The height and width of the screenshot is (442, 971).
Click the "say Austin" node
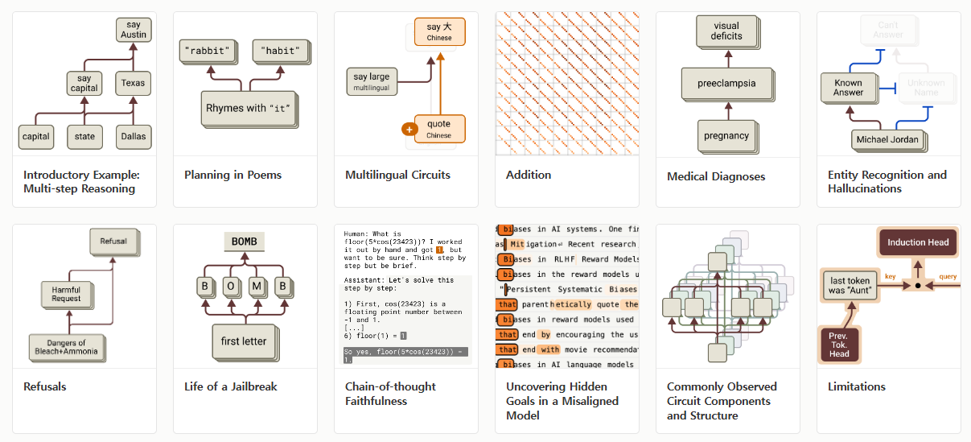(x=134, y=30)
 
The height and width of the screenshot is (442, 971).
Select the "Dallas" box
(x=134, y=137)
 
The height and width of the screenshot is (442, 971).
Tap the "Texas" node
(x=134, y=83)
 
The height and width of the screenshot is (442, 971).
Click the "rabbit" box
(x=208, y=51)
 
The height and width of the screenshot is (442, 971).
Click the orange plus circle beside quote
(x=409, y=129)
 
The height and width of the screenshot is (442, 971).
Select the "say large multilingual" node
(x=371, y=81)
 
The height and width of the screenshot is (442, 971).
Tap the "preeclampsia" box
(x=727, y=83)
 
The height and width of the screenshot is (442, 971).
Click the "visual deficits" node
(x=726, y=31)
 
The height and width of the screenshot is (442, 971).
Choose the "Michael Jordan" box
(x=887, y=140)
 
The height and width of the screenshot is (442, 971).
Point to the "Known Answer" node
(x=848, y=87)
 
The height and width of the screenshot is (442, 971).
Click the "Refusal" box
(x=113, y=242)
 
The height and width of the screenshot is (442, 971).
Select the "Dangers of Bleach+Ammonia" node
(x=66, y=346)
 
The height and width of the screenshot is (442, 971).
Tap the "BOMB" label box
(x=243, y=242)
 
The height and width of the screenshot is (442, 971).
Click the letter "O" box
(x=229, y=286)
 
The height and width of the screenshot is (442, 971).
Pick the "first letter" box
(x=243, y=341)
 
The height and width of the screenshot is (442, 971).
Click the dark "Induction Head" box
(x=917, y=242)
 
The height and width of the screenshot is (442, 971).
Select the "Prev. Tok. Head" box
(x=838, y=345)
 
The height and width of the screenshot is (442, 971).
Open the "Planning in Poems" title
(x=232, y=175)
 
